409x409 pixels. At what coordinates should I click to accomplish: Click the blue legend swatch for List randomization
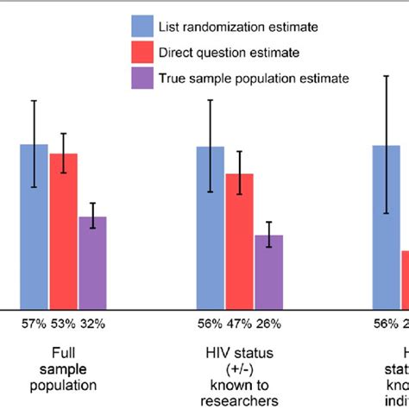[x=142, y=27]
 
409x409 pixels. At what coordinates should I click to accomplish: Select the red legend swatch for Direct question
[x=142, y=53]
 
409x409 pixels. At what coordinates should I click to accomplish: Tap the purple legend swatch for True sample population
[x=142, y=79]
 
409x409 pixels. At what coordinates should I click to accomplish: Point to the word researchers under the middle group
[x=239, y=400]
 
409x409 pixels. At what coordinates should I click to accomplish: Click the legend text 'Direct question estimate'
[x=229, y=53]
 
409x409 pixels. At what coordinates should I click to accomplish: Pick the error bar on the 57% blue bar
[x=35, y=143]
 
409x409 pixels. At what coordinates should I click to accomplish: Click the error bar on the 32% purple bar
[x=92, y=215]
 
